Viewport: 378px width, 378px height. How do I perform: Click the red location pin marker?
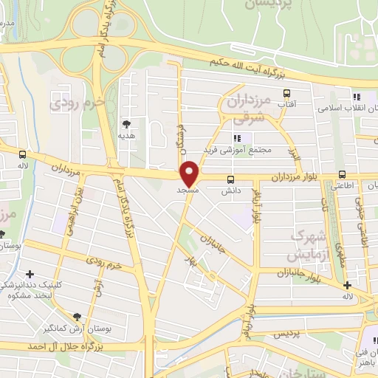190,173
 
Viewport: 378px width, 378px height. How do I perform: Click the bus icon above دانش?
231,179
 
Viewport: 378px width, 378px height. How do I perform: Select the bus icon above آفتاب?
286,94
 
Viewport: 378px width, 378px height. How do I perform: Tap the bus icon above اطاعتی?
341,175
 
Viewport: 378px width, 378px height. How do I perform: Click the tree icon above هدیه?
127,124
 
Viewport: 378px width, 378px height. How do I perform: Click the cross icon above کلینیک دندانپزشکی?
30,275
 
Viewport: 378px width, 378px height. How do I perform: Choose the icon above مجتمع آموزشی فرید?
237,138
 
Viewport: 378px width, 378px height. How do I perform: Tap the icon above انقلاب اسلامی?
357,97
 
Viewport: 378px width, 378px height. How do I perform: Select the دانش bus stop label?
232,190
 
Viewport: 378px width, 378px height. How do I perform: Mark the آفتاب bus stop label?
286,106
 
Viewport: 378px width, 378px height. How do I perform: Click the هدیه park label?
127,136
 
